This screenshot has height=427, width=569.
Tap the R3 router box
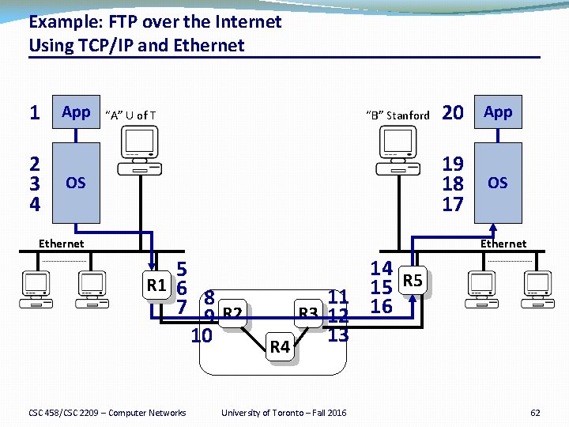[x=308, y=315]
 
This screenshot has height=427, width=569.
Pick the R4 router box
[x=281, y=346]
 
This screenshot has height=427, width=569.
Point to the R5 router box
[x=413, y=280]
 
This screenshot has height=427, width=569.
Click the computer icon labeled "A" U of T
[x=138, y=150]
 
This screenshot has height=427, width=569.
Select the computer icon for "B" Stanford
[x=400, y=150]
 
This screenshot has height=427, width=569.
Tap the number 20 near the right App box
[x=452, y=113]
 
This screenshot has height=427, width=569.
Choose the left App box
[x=76, y=112]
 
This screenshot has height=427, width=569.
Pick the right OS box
[x=498, y=183]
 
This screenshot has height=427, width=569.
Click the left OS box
[x=76, y=183]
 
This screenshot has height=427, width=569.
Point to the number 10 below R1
[x=202, y=335]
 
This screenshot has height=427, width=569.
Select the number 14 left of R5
[x=381, y=269]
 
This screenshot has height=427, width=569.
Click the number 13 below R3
[x=337, y=334]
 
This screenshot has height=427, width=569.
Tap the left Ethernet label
[x=61, y=244]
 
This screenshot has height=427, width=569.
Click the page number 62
[x=535, y=413]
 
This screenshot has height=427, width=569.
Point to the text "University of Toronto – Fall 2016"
[x=284, y=413]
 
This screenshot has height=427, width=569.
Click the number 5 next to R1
[x=181, y=269]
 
